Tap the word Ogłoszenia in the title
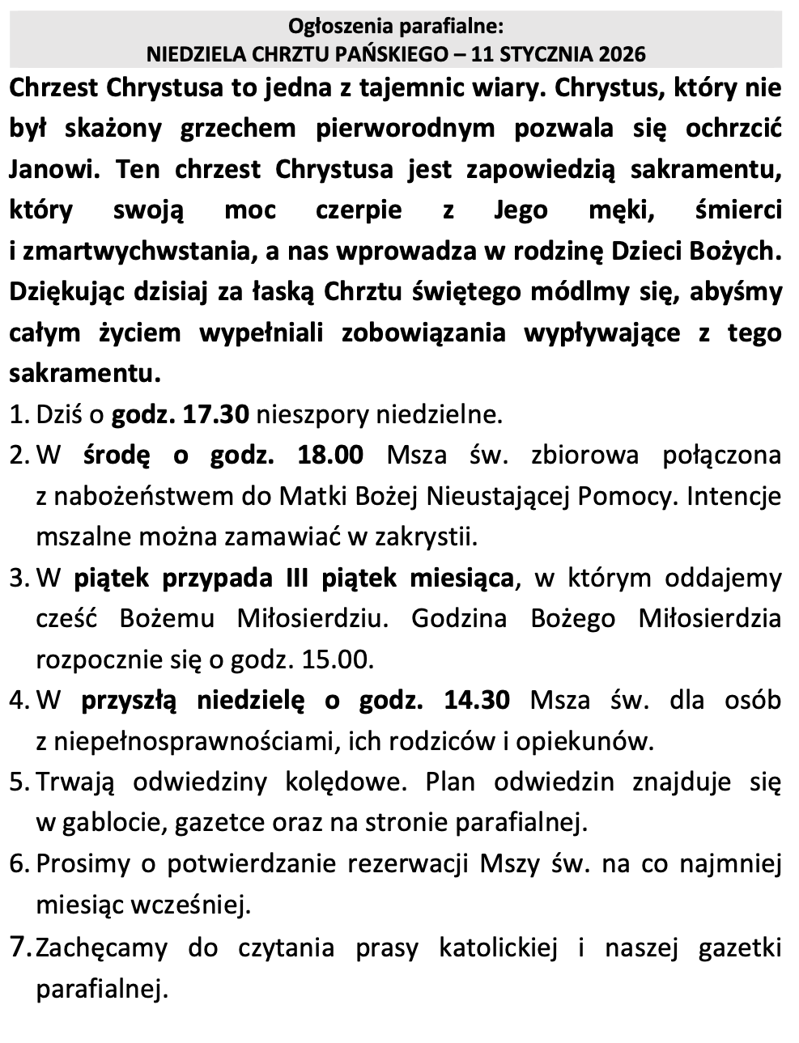(335, 28)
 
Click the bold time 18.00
(330, 455)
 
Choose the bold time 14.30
(477, 699)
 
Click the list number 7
(19, 946)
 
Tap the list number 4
(19, 700)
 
